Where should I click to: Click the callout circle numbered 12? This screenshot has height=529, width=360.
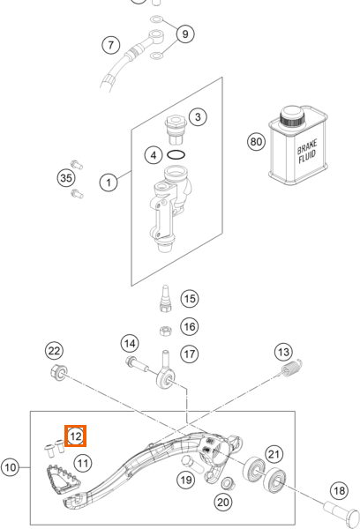(x=75, y=436)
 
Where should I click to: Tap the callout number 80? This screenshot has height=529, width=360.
(x=256, y=142)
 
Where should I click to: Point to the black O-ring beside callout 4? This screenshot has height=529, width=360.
(x=176, y=155)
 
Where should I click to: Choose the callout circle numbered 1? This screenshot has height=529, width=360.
(x=109, y=183)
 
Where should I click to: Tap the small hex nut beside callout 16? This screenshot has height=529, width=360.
(x=166, y=331)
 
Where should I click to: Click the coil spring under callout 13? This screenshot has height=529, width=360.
(x=292, y=368)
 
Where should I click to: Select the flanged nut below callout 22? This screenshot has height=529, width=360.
(x=59, y=372)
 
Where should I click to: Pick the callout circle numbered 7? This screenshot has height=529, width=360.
(x=111, y=45)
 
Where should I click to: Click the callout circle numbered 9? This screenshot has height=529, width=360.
(x=185, y=34)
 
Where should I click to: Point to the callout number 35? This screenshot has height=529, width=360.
(x=66, y=178)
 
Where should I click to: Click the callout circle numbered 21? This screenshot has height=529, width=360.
(x=274, y=454)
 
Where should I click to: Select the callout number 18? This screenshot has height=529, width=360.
(x=340, y=490)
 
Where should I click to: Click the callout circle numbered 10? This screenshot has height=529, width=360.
(x=10, y=467)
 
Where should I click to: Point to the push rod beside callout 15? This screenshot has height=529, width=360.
(x=166, y=299)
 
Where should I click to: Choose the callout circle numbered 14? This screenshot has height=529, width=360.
(x=130, y=344)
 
